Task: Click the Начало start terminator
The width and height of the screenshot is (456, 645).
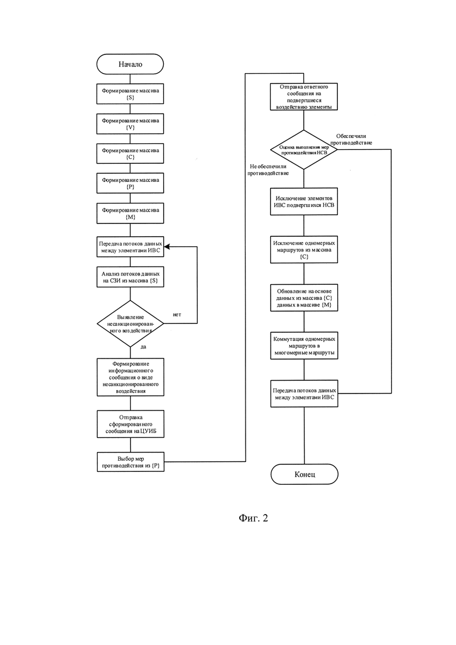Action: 130,64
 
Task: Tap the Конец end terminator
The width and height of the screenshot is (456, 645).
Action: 304,474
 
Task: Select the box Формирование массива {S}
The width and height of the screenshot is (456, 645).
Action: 130,94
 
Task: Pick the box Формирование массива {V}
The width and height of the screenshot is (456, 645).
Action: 130,124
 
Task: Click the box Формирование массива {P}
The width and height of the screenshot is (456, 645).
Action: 130,183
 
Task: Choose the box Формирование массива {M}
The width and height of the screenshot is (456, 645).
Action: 130,213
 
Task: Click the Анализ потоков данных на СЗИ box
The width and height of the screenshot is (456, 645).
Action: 130,277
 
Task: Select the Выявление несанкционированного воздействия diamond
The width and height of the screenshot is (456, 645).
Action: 130,324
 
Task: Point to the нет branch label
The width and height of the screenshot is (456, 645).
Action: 177,315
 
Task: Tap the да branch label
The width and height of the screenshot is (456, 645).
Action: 143,347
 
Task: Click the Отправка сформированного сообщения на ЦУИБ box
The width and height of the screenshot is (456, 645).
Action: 130,424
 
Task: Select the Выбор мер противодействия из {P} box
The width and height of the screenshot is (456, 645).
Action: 130,462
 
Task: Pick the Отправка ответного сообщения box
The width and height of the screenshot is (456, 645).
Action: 304,97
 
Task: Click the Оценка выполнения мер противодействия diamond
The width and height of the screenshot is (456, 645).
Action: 304,150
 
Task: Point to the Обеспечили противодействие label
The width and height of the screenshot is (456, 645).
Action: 351,139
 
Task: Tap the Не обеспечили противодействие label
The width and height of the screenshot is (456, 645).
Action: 268,170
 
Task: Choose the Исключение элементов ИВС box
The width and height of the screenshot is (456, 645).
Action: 304,202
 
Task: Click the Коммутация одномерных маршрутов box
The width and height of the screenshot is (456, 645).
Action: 304,346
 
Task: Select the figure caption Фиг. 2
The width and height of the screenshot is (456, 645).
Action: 253,518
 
